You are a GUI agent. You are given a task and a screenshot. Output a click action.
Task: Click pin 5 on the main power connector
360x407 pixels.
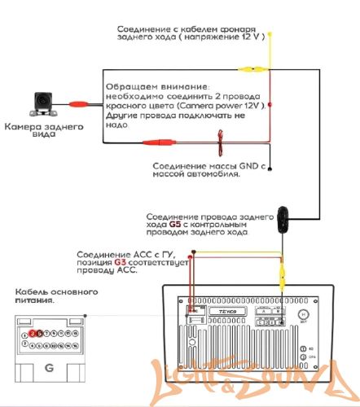point(41,333)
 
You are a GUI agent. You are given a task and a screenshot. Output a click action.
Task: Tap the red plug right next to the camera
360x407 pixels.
point(80,104)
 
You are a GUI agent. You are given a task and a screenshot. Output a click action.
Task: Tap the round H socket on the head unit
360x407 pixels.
point(302,313)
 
